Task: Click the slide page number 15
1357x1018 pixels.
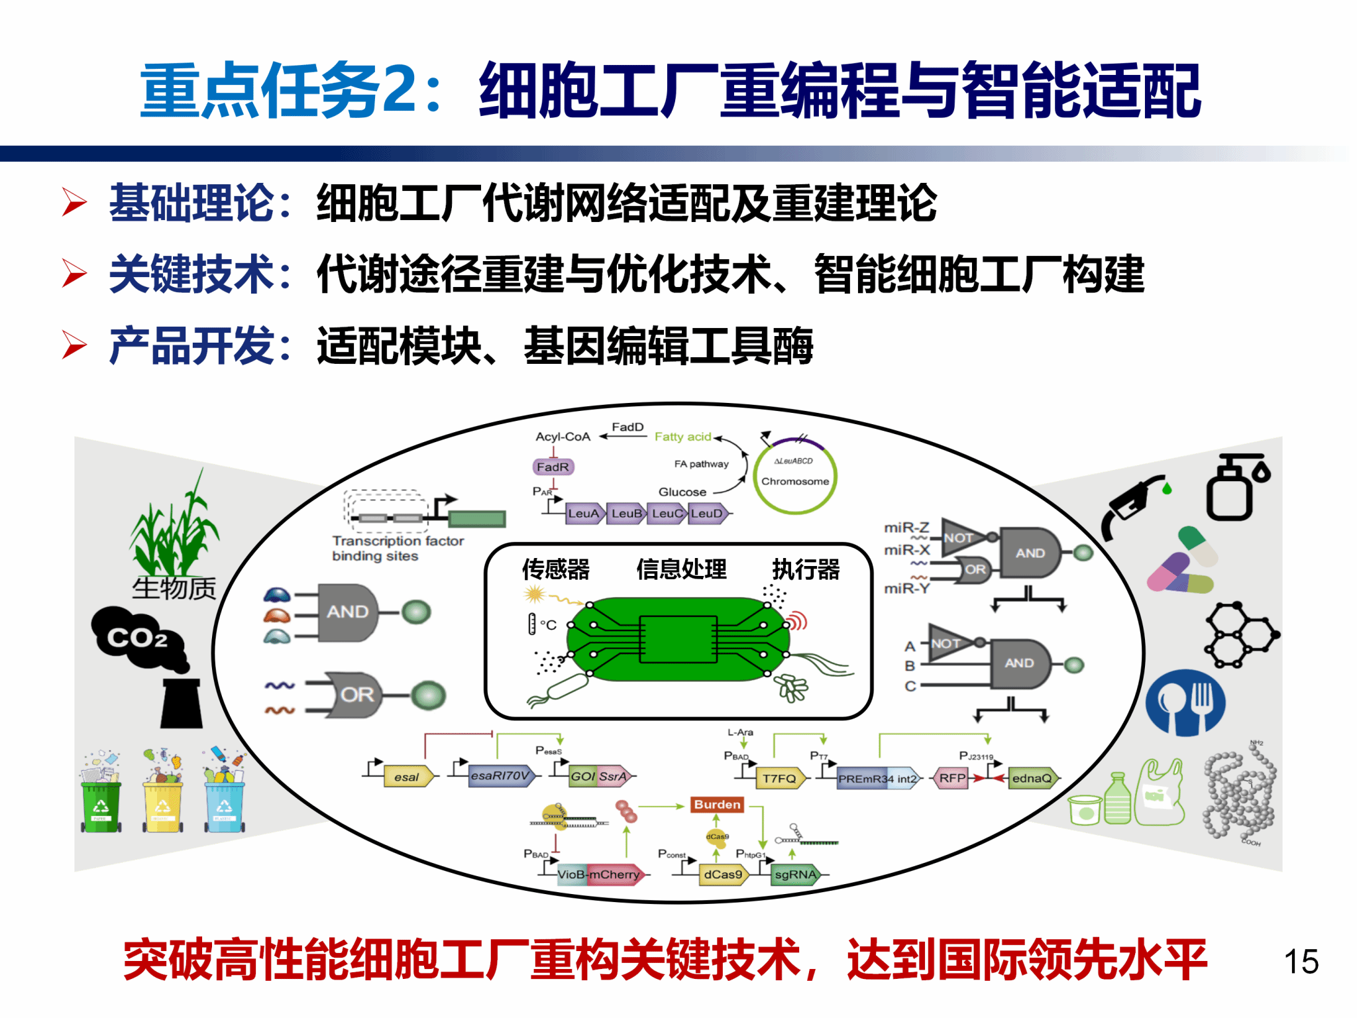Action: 1301,962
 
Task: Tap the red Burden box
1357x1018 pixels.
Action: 717,805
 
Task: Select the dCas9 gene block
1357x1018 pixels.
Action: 723,875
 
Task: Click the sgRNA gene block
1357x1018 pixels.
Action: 795,875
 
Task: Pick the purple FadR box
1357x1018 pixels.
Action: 553,467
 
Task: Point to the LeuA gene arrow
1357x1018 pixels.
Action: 584,514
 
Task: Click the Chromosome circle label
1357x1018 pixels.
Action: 795,481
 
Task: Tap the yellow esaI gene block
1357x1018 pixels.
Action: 407,777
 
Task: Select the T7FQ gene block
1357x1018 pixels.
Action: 780,778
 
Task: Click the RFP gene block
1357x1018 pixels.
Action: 952,778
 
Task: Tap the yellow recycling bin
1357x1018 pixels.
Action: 162,805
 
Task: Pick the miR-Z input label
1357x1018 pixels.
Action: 906,528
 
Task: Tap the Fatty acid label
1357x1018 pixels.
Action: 682,437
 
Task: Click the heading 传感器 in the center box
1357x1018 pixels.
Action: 555,569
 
